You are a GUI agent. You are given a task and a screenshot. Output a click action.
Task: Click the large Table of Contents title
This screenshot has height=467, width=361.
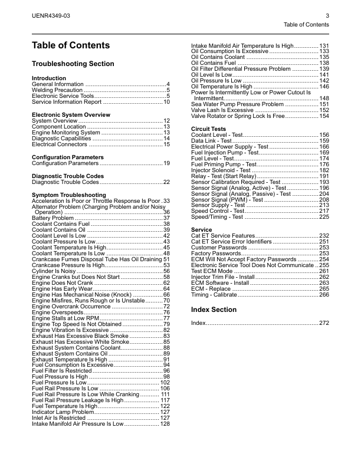pyautogui.click(x=71, y=45)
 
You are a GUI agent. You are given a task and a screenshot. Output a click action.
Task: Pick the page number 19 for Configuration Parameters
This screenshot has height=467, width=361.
pyautogui.click(x=166, y=163)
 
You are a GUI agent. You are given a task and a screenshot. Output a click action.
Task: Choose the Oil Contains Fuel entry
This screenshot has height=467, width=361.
pyautogui.click(x=214, y=63)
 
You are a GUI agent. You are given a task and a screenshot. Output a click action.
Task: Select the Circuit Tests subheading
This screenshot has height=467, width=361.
pyautogui.click(x=209, y=129)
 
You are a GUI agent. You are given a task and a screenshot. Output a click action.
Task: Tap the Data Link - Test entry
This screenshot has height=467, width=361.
pyautogui.click(x=213, y=141)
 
